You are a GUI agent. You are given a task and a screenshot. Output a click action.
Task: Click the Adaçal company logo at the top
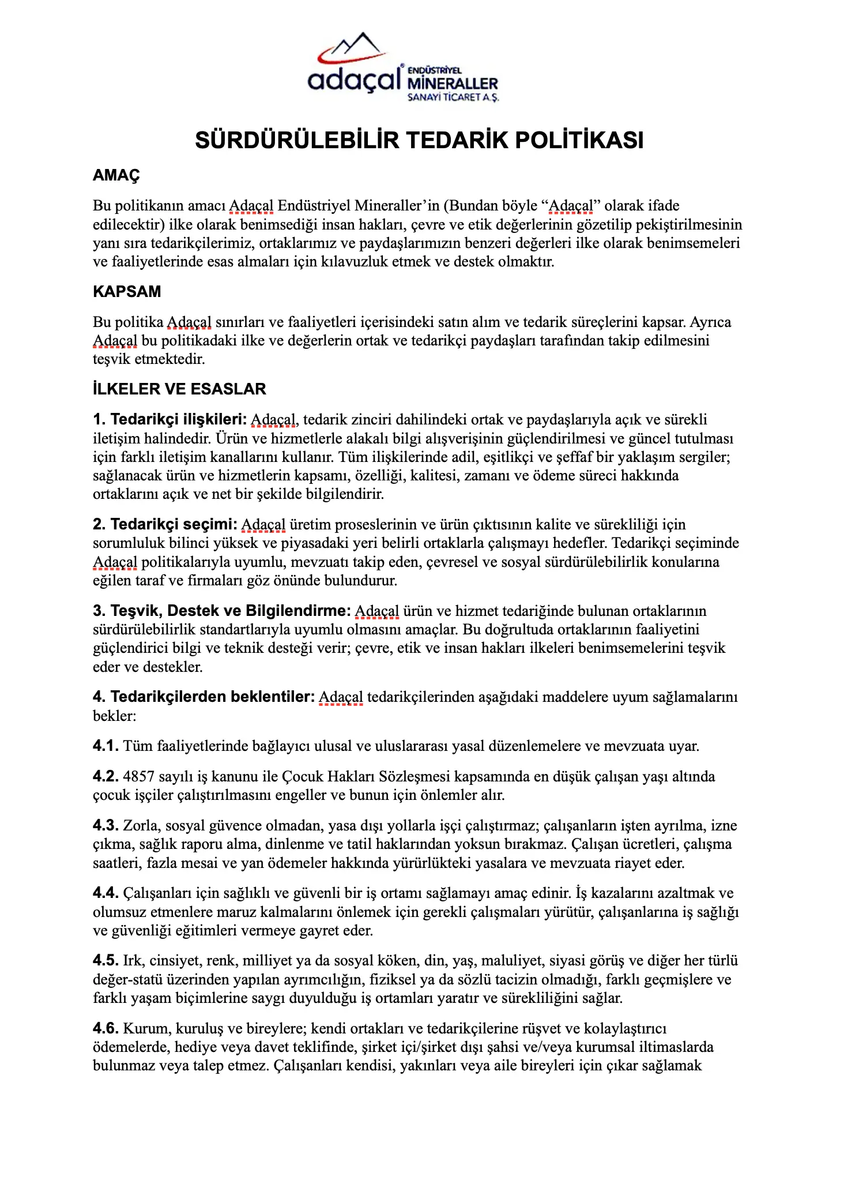(403, 68)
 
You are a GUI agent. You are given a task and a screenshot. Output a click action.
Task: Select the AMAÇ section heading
(116, 175)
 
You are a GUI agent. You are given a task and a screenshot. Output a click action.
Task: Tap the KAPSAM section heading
(127, 291)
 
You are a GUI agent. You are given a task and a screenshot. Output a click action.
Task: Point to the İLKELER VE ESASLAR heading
(179, 389)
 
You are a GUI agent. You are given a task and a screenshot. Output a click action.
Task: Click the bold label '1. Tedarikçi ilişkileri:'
(169, 419)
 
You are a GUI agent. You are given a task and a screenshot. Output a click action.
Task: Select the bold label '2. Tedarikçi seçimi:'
(165, 524)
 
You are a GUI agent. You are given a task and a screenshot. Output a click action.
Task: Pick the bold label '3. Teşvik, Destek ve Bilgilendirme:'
(221, 611)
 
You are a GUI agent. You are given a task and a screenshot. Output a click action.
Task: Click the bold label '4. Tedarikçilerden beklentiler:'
(204, 697)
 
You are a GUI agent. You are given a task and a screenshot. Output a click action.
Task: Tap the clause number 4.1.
(105, 746)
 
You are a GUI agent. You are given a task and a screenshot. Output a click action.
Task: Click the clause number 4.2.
(105, 776)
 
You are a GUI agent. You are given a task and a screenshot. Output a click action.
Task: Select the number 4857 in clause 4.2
(139, 777)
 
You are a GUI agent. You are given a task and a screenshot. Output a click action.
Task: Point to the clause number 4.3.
(105, 825)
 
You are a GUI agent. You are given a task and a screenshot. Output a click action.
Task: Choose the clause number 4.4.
(105, 893)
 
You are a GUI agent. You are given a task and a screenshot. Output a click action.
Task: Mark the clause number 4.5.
(105, 961)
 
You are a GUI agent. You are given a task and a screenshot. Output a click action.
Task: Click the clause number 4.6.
(105, 1028)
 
